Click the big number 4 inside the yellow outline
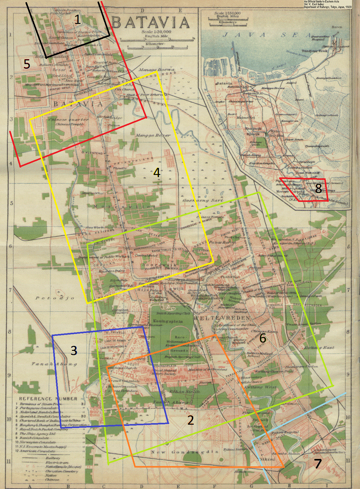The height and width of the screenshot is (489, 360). [157, 172]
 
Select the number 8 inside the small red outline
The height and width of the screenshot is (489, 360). [319, 188]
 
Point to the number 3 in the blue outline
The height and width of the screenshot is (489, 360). [74, 351]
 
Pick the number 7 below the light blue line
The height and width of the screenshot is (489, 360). [318, 463]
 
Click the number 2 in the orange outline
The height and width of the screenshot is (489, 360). [190, 420]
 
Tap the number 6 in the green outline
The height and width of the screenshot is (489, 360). [262, 338]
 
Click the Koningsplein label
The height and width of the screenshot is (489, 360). [168, 321]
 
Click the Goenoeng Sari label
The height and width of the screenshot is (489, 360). [202, 200]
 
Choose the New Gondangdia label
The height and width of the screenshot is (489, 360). [185, 452]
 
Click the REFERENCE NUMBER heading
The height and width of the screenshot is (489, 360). [48, 399]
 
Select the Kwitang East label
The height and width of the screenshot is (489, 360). [319, 348]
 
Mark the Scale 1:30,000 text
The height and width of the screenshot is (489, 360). [156, 32]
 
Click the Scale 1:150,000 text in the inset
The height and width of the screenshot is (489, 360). [227, 13]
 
